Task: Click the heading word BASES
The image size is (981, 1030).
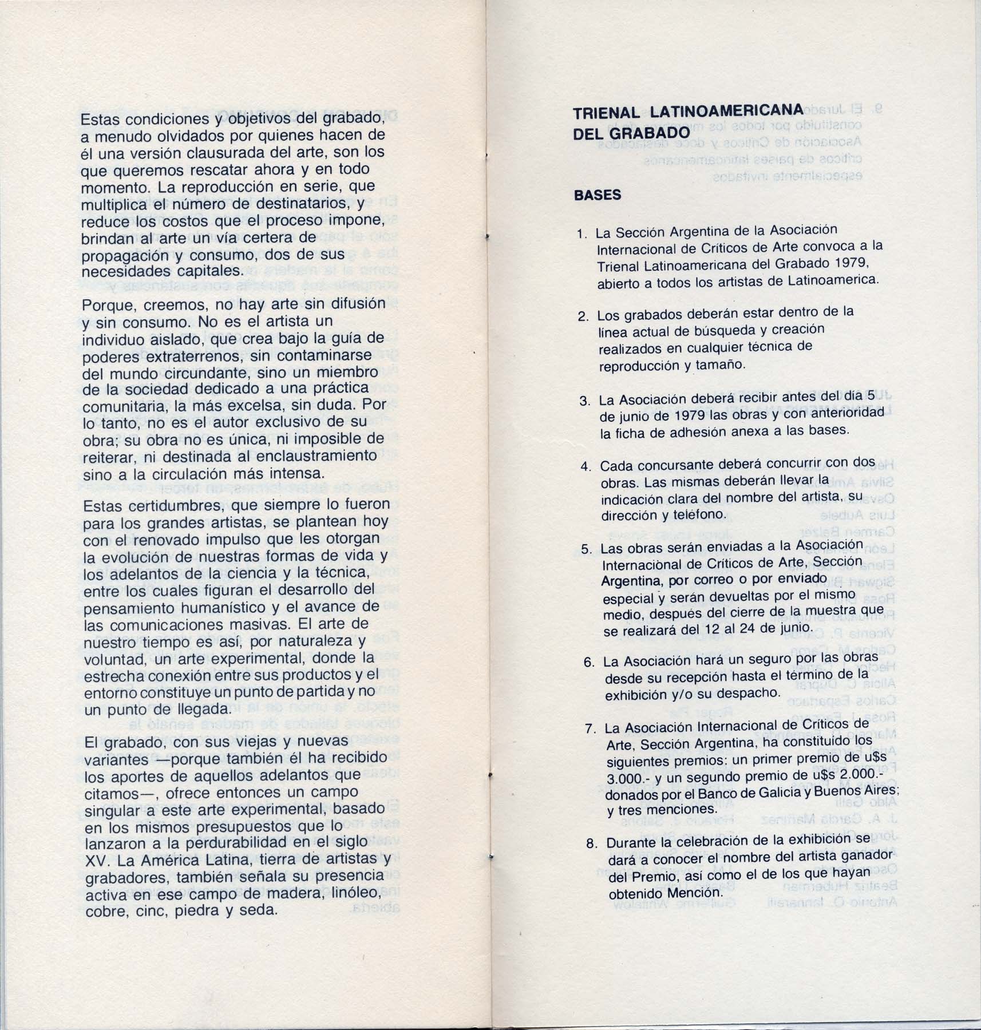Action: point(597,195)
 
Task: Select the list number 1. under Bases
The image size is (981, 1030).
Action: point(583,234)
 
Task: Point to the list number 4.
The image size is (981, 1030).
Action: point(586,466)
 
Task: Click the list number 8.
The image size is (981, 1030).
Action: point(592,843)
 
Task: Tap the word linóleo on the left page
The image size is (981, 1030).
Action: point(350,893)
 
